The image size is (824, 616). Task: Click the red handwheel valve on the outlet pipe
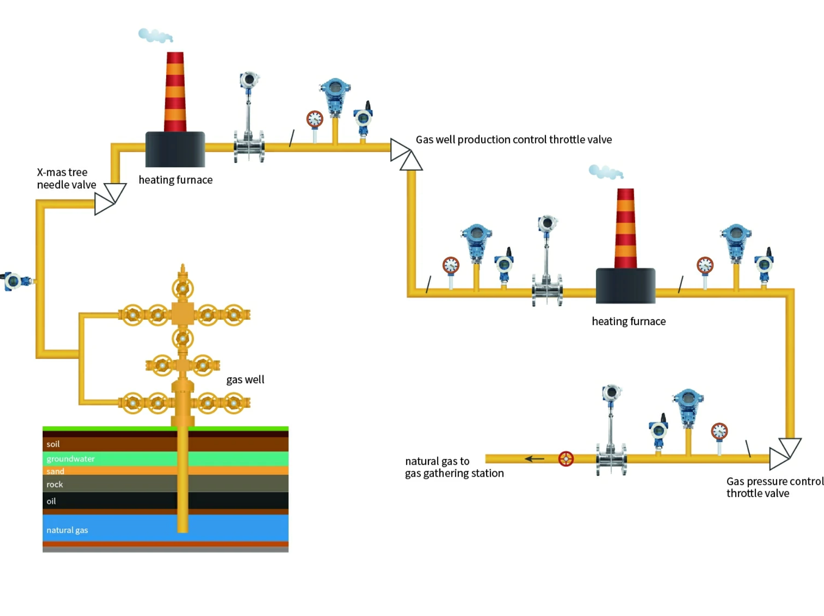tap(565, 458)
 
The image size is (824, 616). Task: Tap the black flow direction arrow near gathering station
tap(534, 458)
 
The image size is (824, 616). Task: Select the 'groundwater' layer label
tap(71, 458)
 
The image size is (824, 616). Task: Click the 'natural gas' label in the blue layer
tap(67, 530)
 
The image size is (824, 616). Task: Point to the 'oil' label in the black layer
tap(51, 501)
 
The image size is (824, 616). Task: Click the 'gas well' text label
tap(245, 379)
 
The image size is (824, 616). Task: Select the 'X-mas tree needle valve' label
tap(66, 178)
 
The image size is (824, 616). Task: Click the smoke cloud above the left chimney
tap(155, 35)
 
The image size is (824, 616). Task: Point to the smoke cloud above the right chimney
tap(605, 172)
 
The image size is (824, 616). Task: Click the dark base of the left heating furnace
tap(175, 149)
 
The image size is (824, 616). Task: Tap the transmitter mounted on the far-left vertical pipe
tap(16, 281)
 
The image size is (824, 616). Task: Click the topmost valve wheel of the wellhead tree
tap(183, 288)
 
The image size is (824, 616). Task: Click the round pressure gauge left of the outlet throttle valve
tap(719, 431)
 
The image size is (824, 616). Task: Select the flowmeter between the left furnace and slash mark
tap(249, 118)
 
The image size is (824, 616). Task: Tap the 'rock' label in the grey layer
tap(55, 484)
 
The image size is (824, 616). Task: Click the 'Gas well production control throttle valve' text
tap(513, 139)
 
